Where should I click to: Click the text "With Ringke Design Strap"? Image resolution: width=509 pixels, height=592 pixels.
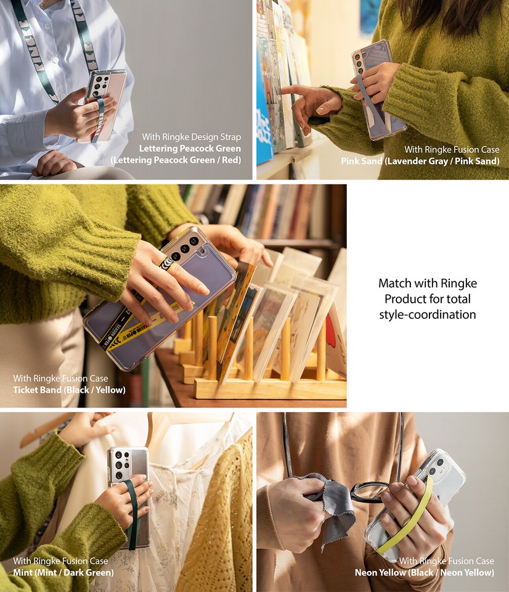pos(191,137)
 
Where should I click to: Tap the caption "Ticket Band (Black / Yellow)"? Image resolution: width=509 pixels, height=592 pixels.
pos(69,390)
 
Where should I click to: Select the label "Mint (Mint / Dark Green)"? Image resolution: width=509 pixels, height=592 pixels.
pos(63,572)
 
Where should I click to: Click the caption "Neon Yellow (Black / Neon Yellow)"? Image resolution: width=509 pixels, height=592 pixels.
pos(424,572)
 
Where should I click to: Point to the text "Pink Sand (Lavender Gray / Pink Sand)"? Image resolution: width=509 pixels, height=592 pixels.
pos(420,161)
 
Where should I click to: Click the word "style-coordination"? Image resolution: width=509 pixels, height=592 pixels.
pos(428,314)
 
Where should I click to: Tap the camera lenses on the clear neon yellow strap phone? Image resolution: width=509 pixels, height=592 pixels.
pos(437,466)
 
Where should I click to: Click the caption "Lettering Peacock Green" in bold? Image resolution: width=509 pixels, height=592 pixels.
pos(190,149)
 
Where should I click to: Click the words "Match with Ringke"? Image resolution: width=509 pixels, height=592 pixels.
pos(428,284)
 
